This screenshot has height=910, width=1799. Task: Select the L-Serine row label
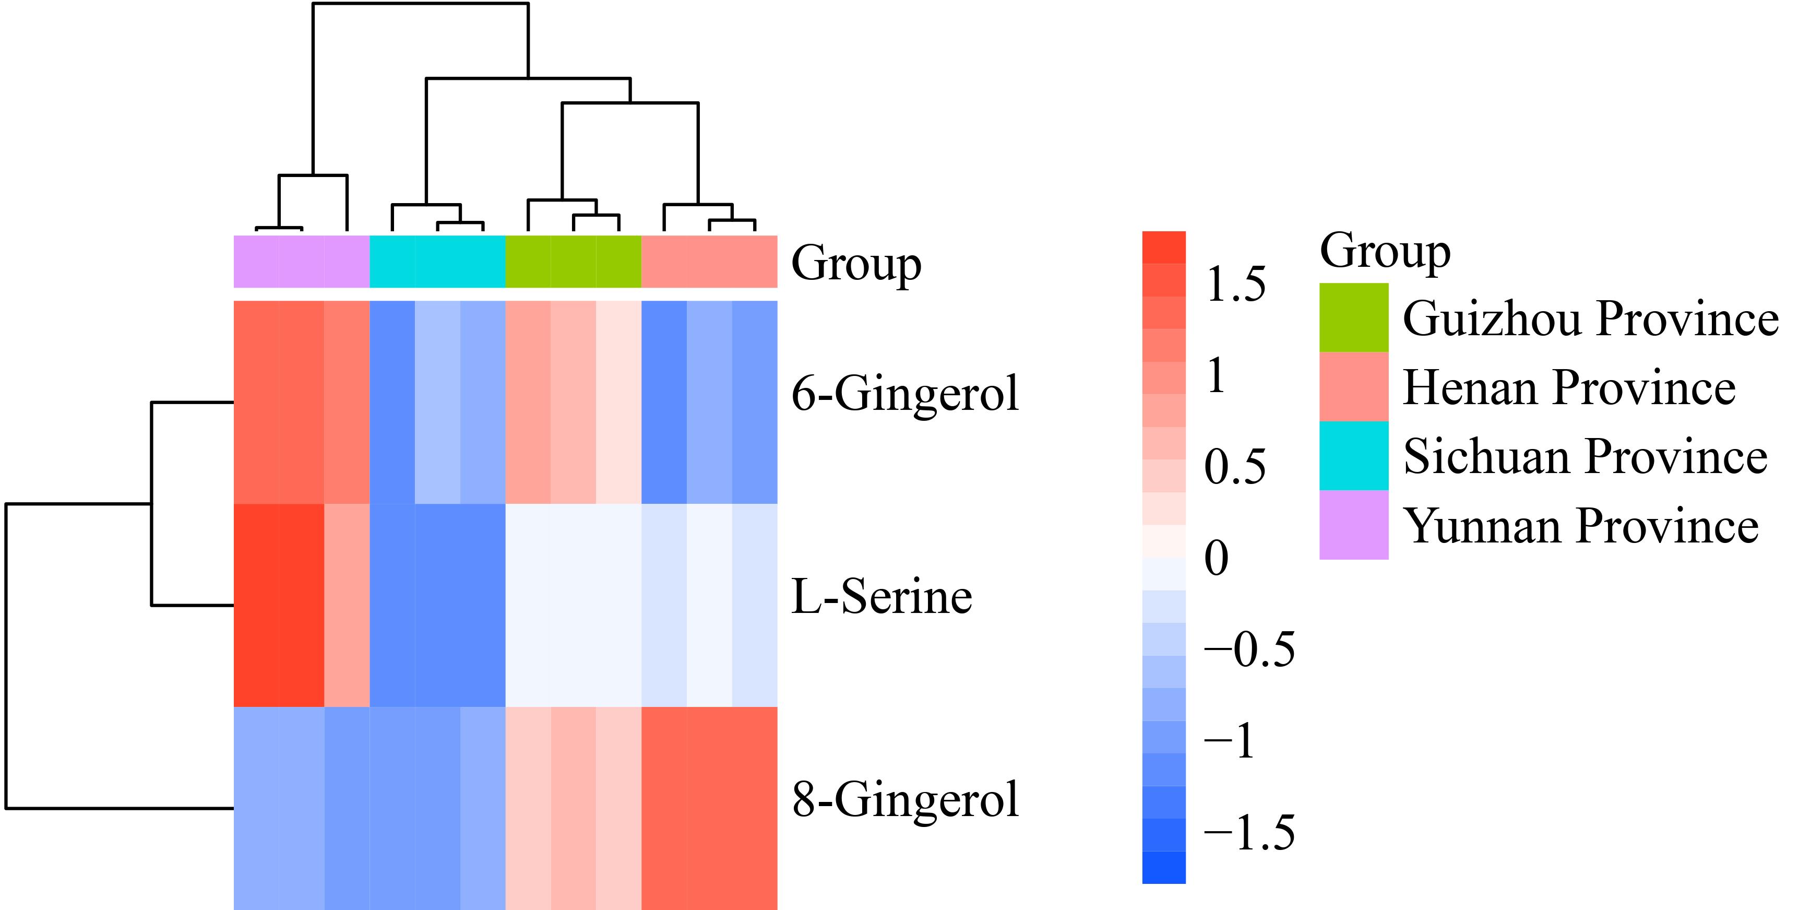point(881,597)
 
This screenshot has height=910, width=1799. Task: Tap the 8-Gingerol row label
point(905,800)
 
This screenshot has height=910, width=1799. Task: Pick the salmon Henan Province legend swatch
point(1353,386)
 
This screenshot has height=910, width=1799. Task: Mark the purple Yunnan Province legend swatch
point(1353,525)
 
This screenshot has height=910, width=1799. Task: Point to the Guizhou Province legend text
point(1591,318)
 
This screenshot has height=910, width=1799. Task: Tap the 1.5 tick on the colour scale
point(1235,284)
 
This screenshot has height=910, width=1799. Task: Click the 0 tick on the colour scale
point(1217,558)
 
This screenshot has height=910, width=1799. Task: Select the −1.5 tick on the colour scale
point(1249,833)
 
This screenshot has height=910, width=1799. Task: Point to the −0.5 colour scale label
point(1249,649)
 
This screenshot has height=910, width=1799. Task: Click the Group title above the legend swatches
point(1385,252)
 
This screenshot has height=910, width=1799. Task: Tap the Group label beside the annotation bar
point(856,265)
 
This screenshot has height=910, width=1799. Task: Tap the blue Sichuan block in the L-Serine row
point(437,605)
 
